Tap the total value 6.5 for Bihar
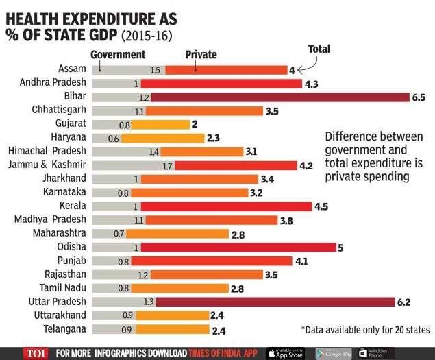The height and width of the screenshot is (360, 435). [419, 97]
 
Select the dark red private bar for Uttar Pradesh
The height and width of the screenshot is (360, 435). [281, 302]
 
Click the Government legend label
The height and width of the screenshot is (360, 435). [118, 54]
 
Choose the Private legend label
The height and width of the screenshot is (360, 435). [201, 55]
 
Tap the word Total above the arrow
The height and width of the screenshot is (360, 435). [319, 49]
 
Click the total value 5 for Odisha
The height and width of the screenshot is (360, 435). [343, 248]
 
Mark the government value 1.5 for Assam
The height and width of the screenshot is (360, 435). [154, 70]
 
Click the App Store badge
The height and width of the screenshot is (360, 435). [286, 352]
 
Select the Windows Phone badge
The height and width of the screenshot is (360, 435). [376, 352]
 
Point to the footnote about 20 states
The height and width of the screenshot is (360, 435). [364, 330]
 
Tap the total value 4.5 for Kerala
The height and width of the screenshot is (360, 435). [321, 206]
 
